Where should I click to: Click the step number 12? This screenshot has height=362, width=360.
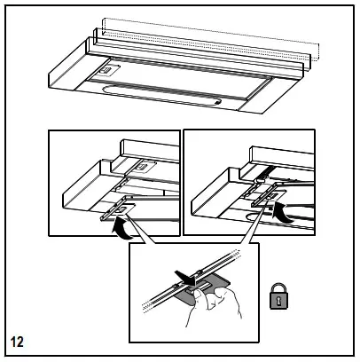[x=17, y=342]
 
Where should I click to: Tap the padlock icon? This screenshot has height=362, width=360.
[x=278, y=296]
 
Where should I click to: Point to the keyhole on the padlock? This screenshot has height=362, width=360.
[x=278, y=301]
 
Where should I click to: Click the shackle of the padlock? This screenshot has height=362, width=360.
[x=278, y=287]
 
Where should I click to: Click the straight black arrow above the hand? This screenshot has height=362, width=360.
[x=185, y=278]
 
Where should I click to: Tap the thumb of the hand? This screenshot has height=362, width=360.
[x=198, y=295]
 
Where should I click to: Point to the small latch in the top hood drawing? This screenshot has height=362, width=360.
[x=106, y=70]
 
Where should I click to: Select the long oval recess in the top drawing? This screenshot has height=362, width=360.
[x=161, y=93]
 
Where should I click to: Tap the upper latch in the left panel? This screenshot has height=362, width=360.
[x=145, y=167]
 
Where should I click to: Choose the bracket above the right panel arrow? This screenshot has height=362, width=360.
[x=269, y=195]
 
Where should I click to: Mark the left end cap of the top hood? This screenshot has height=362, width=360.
[x=68, y=71]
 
